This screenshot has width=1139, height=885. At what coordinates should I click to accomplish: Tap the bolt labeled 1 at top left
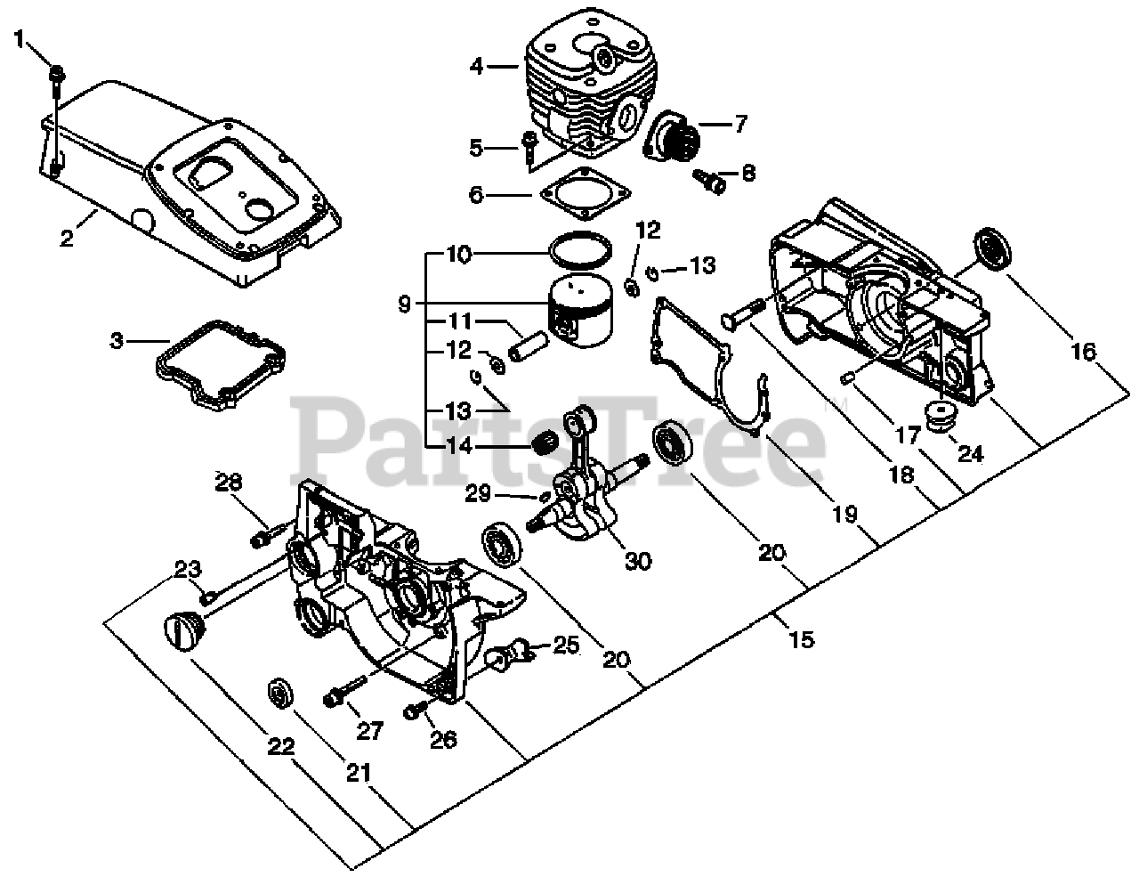[x=56, y=75]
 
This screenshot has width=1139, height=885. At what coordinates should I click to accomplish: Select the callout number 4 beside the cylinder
[x=477, y=65]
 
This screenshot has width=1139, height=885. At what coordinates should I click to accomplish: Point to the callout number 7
[x=739, y=123]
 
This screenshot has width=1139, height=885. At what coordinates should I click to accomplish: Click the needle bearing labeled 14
[x=545, y=442]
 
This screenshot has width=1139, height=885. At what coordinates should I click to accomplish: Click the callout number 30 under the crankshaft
[x=637, y=560]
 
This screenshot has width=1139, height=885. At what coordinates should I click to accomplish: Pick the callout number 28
[x=229, y=483]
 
